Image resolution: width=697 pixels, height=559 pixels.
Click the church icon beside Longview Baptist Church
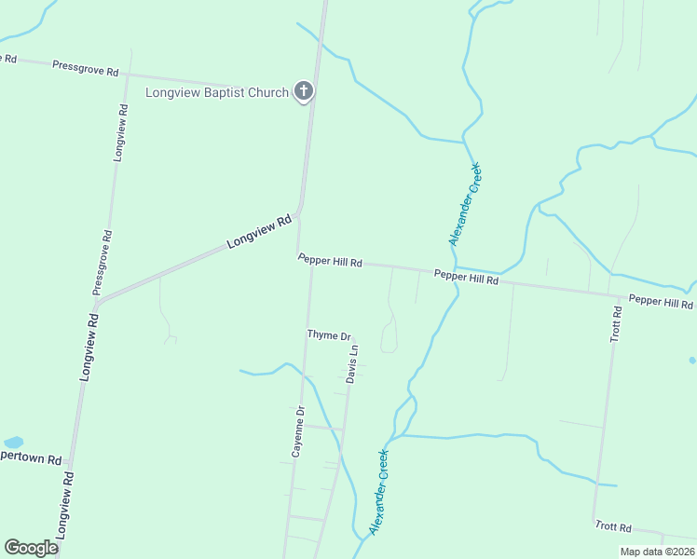pos(303,91)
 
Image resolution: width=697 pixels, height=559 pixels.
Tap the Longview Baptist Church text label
pos(217,92)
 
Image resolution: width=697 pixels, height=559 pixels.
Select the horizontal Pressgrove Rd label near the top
pos(86,69)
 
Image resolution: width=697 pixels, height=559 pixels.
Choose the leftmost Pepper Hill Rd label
pos(330,262)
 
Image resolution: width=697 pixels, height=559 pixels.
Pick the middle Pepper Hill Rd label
pos(466,278)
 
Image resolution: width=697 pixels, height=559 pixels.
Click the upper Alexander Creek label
pos(465,204)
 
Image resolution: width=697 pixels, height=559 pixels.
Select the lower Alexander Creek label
pos(379,491)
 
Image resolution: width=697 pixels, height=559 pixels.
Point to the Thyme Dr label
pos(329,334)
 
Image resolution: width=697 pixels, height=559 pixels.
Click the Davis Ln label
pos(352,364)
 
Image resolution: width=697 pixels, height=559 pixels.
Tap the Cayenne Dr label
pos(298,431)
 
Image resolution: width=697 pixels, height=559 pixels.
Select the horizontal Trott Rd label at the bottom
pos(613,526)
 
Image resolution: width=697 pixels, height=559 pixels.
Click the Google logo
pos(31,548)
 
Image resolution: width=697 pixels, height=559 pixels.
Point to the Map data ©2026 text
pos(656,552)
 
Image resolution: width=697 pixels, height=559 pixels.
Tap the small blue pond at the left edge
pos(13,442)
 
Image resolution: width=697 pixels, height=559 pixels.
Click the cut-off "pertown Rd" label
pos(31,459)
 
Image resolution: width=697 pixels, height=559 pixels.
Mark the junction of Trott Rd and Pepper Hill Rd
pos(611,294)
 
